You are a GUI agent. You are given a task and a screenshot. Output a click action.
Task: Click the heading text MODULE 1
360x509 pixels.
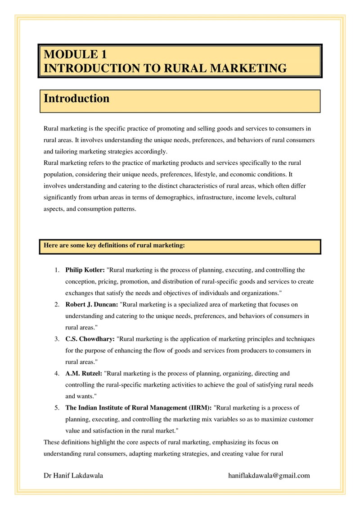click(76, 55)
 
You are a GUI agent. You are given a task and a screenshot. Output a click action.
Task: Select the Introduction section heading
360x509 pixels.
click(76, 99)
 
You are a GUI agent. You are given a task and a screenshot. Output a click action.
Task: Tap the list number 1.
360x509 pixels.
click(57, 270)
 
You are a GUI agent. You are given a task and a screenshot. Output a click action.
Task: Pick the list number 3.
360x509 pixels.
click(57, 339)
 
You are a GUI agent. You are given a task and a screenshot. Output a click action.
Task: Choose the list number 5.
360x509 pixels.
click(57, 408)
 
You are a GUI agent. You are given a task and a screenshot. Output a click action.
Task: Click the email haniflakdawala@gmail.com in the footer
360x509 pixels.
click(269, 476)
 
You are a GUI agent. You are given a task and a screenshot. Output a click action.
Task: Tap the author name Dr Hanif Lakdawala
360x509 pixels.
click(73, 476)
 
